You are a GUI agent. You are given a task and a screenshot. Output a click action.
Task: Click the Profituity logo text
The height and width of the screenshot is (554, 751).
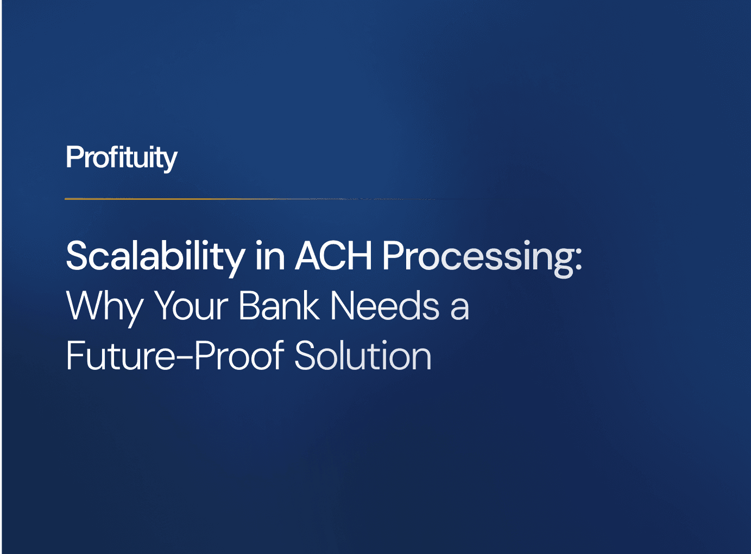point(121,158)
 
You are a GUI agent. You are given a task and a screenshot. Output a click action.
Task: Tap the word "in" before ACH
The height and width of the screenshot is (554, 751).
point(270,256)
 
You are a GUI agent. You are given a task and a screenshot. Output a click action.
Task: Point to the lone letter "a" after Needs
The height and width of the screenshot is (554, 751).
point(459,309)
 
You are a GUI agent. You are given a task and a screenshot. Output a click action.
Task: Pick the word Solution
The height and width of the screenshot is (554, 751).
point(363,356)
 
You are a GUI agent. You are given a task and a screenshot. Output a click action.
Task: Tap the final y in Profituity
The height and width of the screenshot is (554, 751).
point(170,161)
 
